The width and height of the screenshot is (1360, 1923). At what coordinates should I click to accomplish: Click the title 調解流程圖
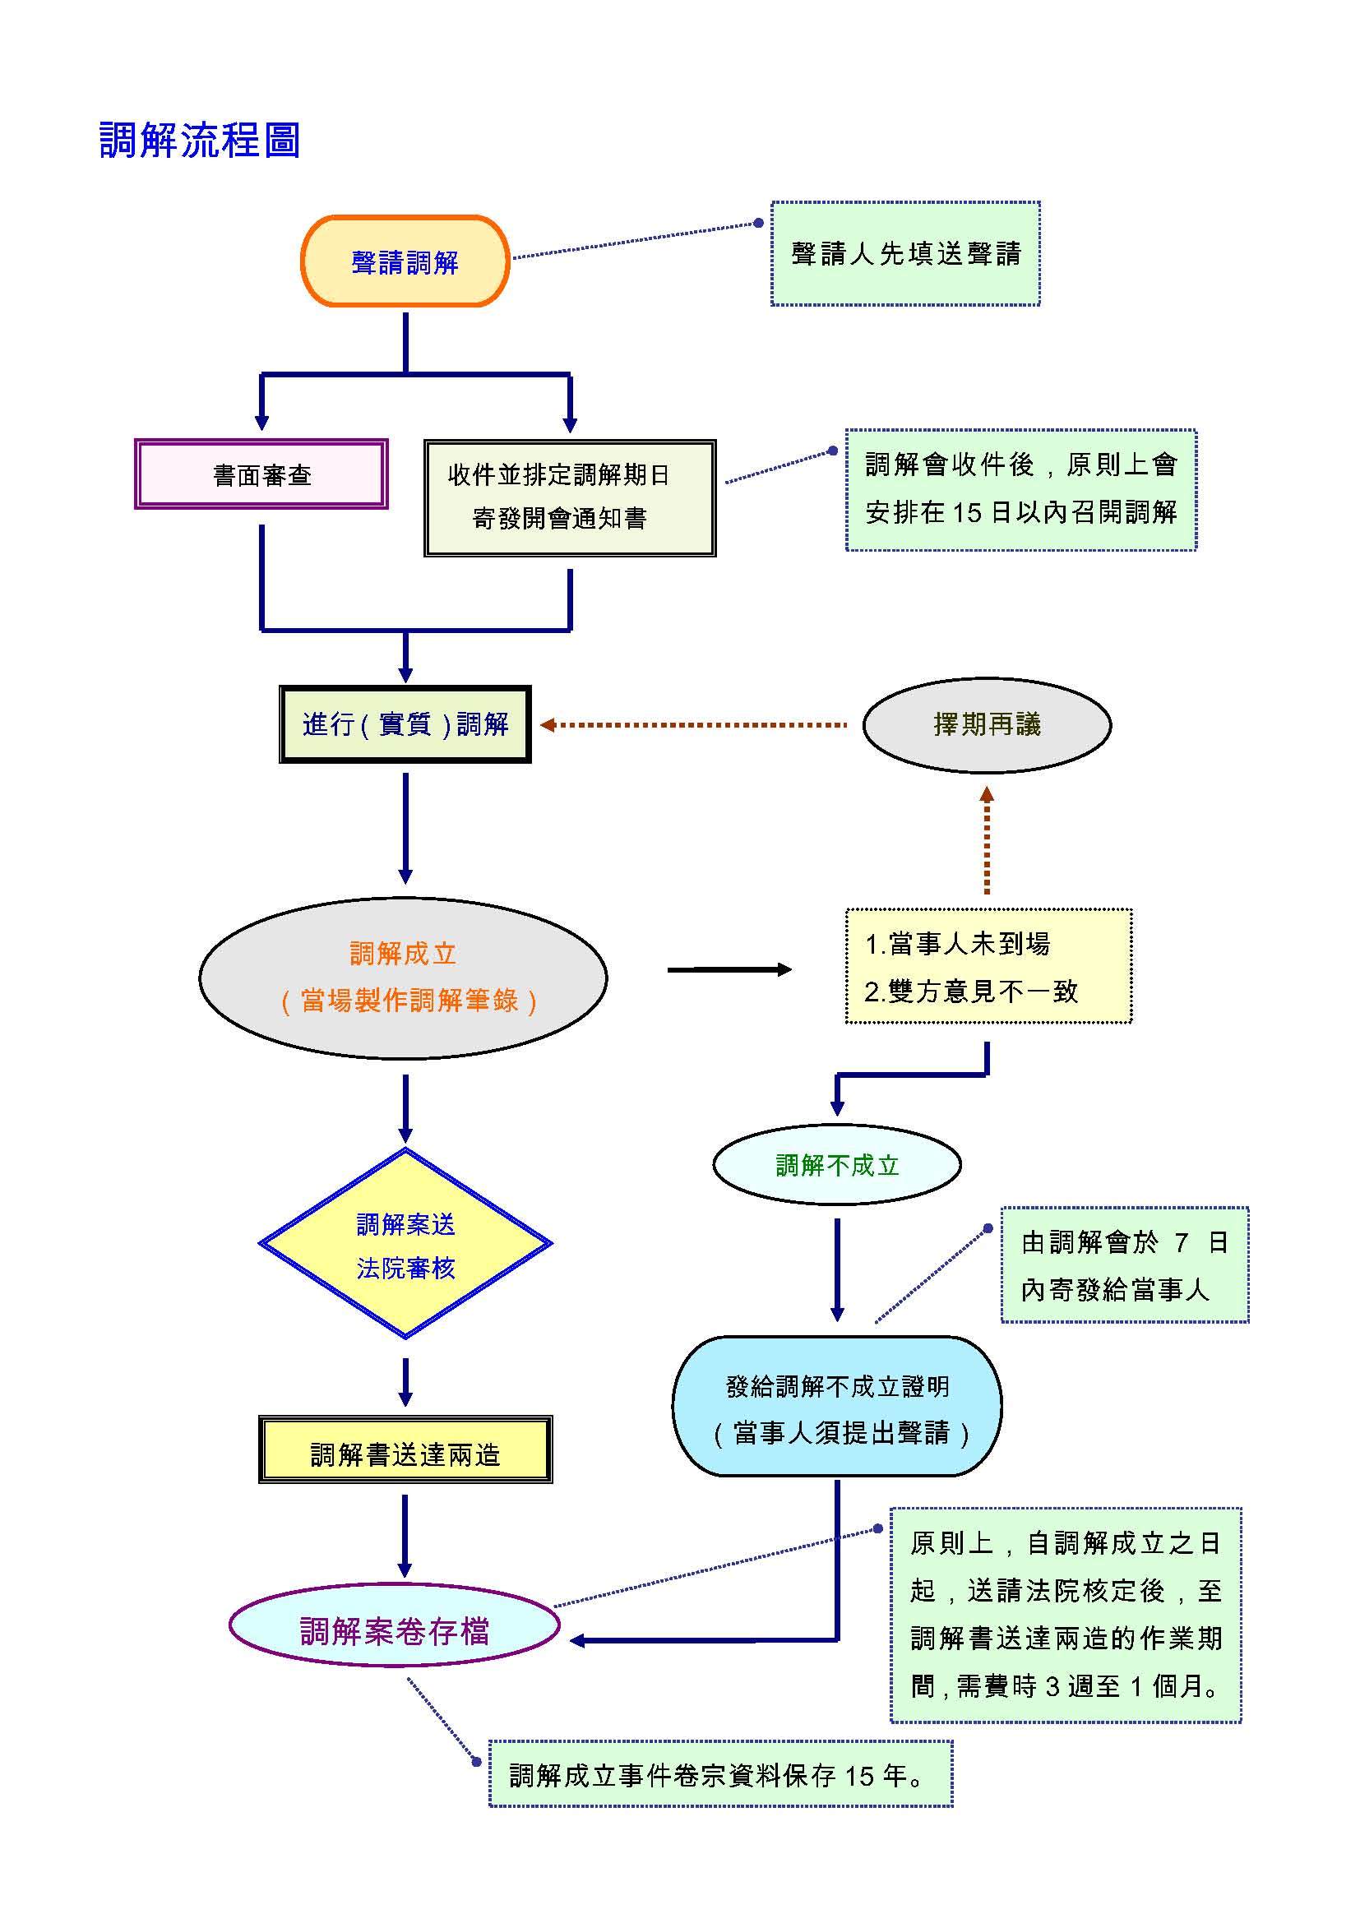click(x=199, y=140)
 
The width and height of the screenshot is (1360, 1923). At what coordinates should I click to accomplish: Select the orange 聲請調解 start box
click(x=405, y=261)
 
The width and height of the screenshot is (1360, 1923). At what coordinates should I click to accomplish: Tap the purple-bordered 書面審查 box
click(x=261, y=475)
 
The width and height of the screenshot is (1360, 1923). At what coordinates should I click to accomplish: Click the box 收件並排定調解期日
click(x=570, y=497)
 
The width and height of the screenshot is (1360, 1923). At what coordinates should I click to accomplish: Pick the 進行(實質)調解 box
click(x=405, y=724)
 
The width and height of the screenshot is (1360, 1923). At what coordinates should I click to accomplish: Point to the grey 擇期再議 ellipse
click(x=987, y=724)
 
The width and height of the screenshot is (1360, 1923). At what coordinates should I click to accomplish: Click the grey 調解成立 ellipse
click(x=404, y=978)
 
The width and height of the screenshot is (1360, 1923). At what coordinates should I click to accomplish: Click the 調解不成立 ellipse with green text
click(x=836, y=1165)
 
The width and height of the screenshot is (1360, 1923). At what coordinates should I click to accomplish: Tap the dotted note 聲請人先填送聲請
click(x=905, y=254)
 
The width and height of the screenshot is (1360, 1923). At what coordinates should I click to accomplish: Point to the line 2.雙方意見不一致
click(x=971, y=992)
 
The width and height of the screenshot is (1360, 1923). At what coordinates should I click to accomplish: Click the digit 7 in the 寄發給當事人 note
click(x=1181, y=1242)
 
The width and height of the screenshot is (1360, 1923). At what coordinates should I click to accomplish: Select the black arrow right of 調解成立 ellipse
click(x=729, y=970)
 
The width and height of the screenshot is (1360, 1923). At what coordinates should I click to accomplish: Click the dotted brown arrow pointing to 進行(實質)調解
click(x=695, y=724)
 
